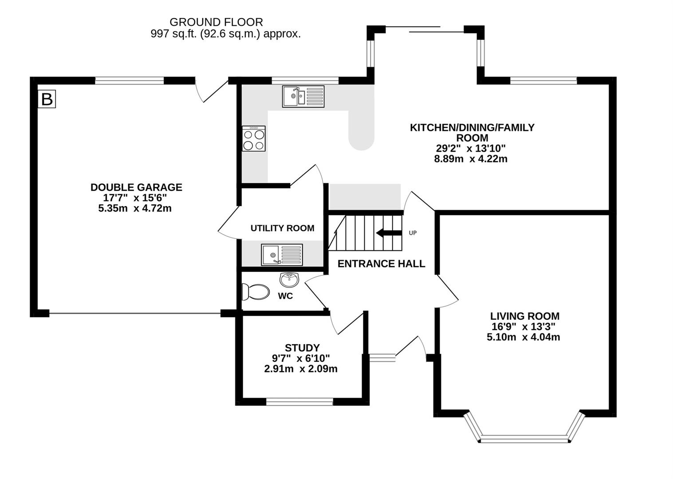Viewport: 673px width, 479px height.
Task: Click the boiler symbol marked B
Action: [47, 99]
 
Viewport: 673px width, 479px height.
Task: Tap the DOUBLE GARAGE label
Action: [136, 188]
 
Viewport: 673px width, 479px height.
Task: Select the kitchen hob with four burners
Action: [254, 138]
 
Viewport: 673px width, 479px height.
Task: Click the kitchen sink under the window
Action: [303, 96]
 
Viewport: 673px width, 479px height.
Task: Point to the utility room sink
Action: [282, 255]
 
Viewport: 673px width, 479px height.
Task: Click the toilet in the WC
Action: [256, 292]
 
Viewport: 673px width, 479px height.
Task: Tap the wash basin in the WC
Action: [289, 279]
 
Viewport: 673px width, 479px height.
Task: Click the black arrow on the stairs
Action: [389, 233]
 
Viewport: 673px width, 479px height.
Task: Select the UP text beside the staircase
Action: [413, 233]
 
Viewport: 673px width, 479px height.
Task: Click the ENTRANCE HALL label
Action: [381, 264]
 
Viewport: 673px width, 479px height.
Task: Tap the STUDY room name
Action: [302, 348]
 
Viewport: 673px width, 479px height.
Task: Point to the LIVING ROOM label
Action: [525, 316]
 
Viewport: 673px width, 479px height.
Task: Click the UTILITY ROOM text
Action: [283, 228]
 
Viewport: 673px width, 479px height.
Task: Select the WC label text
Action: [285, 296]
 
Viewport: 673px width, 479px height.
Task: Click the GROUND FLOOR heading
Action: [216, 22]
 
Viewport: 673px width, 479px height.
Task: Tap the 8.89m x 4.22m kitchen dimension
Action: [471, 159]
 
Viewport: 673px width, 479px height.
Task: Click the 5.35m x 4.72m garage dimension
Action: [135, 208]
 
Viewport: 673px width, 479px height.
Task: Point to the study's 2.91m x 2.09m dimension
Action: [301, 369]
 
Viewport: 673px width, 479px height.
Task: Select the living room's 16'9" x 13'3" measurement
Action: [523, 326]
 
